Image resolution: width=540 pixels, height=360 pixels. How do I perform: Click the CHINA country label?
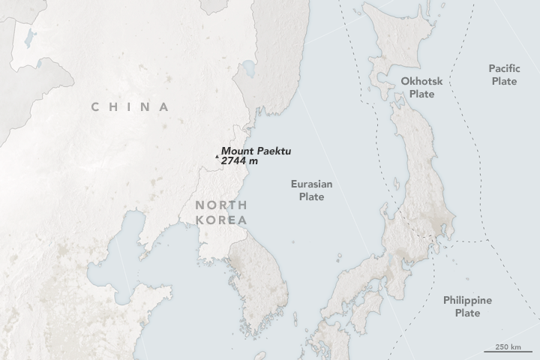pyautogui.click(x=130, y=106)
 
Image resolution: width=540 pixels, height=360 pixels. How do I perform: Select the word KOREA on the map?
pyautogui.click(x=220, y=220)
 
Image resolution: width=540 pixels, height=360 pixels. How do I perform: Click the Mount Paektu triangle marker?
pyautogui.click(x=217, y=157)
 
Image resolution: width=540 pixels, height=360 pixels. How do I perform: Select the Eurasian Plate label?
pyautogui.click(x=311, y=190)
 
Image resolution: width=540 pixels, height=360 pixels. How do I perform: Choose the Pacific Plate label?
pyautogui.click(x=503, y=73)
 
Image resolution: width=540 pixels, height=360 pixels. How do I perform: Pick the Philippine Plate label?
pyautogui.click(x=467, y=306)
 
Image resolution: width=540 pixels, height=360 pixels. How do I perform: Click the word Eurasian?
pyautogui.click(x=311, y=184)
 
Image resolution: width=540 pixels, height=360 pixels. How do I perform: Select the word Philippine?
pyautogui.click(x=467, y=300)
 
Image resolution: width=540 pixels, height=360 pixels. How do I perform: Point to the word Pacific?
pyautogui.click(x=503, y=67)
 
